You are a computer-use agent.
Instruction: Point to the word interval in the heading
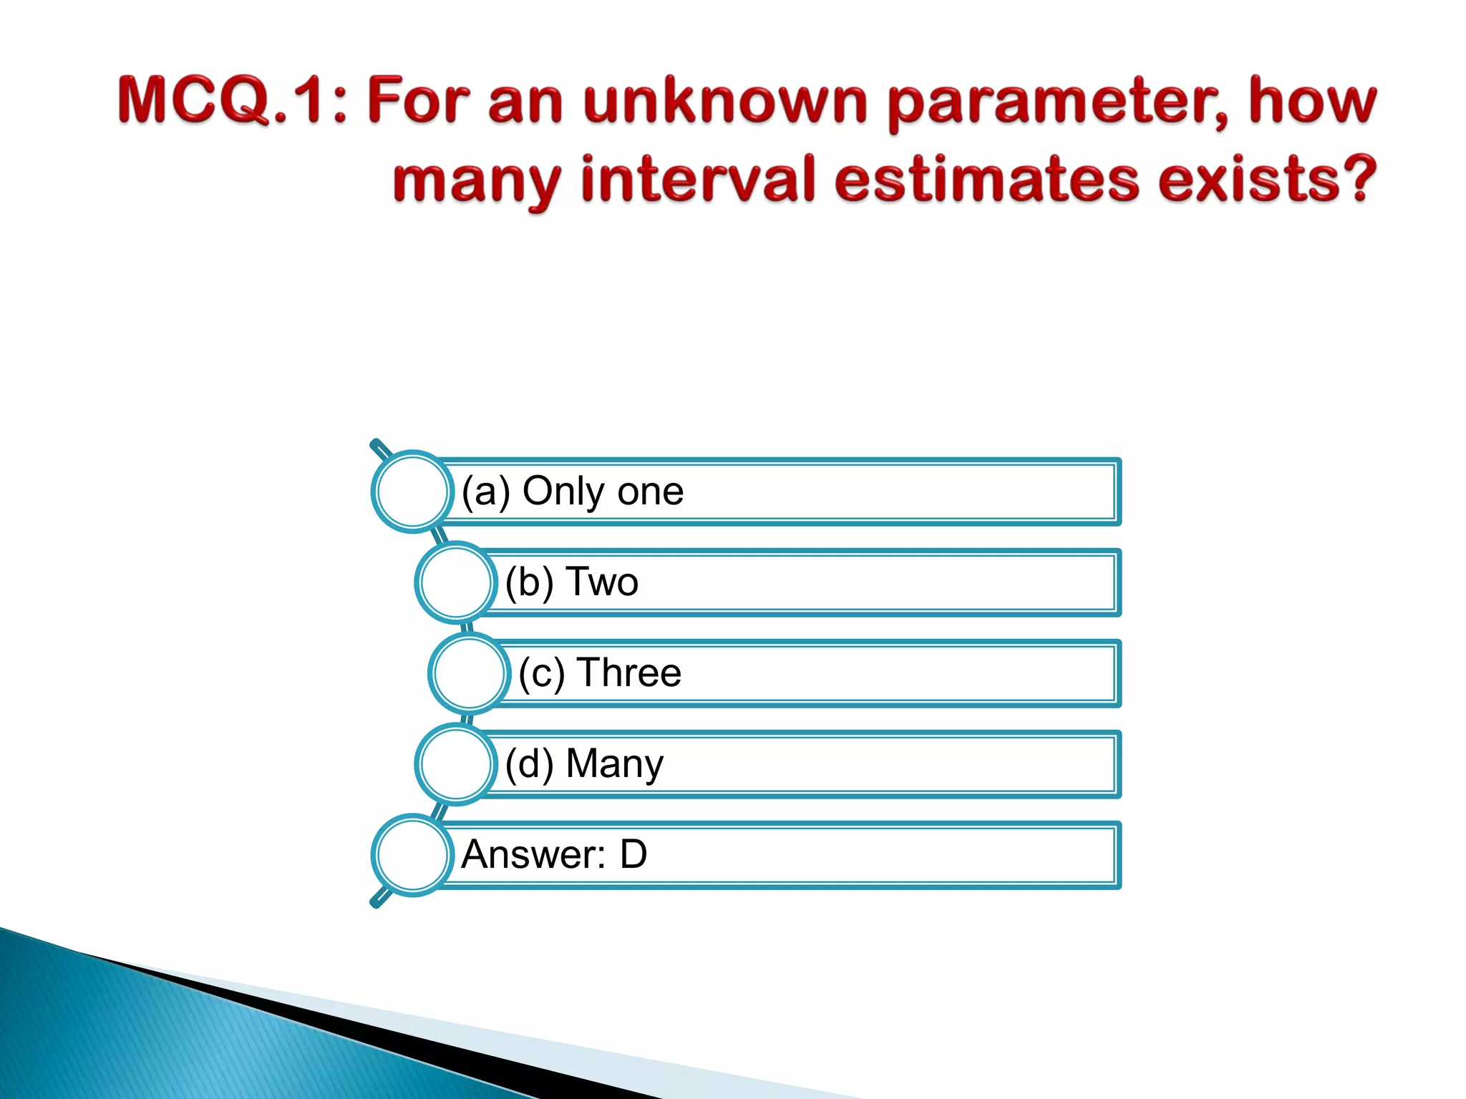pyautogui.click(x=698, y=179)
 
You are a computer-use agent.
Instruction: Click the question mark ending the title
pyautogui.click(x=1356, y=179)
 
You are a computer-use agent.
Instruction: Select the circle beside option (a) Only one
pyautogui.click(x=412, y=492)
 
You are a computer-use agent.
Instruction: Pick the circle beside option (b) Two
pyautogui.click(x=455, y=582)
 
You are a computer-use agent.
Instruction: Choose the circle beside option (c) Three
pyautogui.click(x=469, y=673)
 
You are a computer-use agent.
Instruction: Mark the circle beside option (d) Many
pyautogui.click(x=455, y=763)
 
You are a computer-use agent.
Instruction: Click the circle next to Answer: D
pyautogui.click(x=412, y=855)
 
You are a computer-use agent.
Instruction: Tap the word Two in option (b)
pyautogui.click(x=602, y=582)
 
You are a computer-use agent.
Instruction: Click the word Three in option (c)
pyautogui.click(x=629, y=673)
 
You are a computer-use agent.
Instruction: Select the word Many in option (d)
pyautogui.click(x=615, y=764)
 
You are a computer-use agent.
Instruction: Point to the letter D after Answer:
pyautogui.click(x=634, y=854)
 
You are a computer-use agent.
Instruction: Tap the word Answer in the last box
pyautogui.click(x=533, y=854)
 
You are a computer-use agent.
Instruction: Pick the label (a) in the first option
pyautogui.click(x=486, y=492)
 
